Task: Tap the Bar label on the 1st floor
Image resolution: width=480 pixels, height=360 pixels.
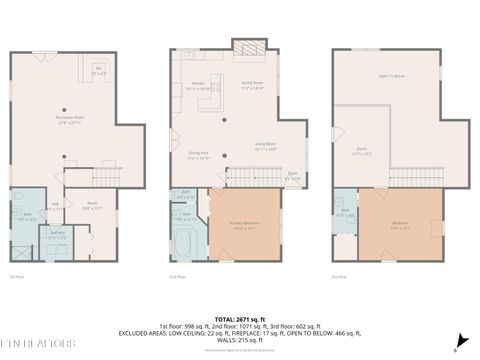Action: pos(99,72)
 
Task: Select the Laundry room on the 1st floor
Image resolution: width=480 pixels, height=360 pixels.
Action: pos(58,237)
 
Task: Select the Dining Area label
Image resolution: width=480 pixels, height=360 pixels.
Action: pos(198,155)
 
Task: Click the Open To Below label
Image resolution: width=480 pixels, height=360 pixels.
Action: pos(390,75)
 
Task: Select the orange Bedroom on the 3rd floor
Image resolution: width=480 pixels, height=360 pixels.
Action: pos(400,226)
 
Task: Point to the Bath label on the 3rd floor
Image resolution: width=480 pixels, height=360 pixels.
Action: pos(342,214)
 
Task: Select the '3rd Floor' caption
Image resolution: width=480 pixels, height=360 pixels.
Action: pos(339,276)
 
